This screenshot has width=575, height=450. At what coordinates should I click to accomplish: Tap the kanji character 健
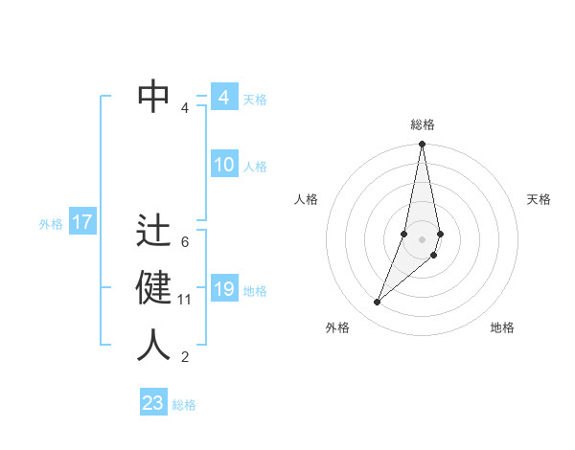[x=154, y=287]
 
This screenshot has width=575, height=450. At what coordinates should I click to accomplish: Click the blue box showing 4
[x=224, y=98]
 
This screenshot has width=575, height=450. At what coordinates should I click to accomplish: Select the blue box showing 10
[x=224, y=165]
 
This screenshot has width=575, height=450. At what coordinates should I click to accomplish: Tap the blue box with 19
[x=224, y=289]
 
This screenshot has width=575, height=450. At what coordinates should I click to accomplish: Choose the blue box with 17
[x=82, y=223]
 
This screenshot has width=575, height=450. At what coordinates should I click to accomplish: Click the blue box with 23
[x=153, y=403]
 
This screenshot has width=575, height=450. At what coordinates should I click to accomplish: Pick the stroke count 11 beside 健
[x=185, y=300]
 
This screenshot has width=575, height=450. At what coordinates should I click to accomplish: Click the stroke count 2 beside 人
[x=185, y=357]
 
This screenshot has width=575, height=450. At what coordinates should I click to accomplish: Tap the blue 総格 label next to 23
[x=184, y=405]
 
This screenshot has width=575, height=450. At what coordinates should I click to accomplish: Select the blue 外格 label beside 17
[x=51, y=224]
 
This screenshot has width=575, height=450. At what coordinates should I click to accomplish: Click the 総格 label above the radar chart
[x=423, y=124]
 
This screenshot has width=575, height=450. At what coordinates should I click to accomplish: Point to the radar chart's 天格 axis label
[x=540, y=199]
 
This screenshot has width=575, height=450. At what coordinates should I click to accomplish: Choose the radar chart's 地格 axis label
[x=502, y=327]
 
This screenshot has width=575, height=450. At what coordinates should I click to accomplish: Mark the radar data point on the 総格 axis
[x=422, y=145]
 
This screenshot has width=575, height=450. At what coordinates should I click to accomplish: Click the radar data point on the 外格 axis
[x=377, y=302]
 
